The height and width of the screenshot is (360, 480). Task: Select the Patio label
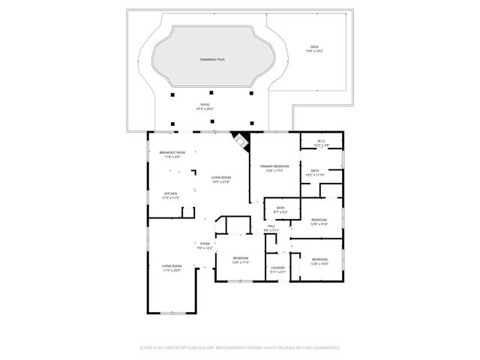tap(205, 106)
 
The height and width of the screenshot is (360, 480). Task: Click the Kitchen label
tap(171, 195)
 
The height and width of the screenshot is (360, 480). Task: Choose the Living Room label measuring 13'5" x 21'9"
tap(220, 179)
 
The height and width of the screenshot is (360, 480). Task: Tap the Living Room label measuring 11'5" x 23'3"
tap(172, 268)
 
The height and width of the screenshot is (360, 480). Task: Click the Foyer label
tap(204, 245)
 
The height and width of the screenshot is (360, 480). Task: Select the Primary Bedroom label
tap(274, 167)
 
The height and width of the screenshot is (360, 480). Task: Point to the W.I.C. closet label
tap(320, 142)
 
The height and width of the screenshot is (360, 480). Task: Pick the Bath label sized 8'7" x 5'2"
tap(280, 210)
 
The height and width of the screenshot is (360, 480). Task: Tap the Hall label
tap(271, 228)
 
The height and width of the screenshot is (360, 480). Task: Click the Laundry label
tap(277, 269)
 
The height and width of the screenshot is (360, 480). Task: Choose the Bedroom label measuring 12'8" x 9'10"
tap(319, 221)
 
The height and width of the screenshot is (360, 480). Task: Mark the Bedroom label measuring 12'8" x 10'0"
tap(319, 261)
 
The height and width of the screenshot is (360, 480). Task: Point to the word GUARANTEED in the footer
tap(324, 348)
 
